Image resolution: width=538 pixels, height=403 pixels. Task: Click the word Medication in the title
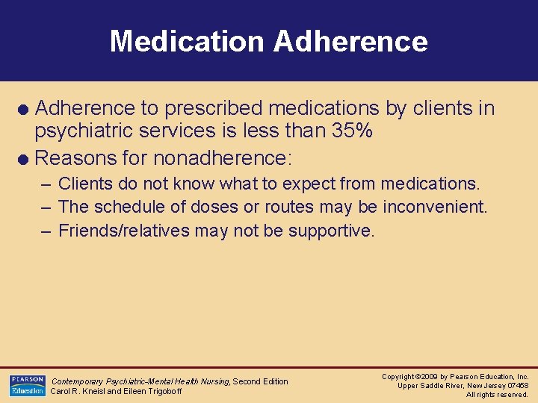[x=187, y=41]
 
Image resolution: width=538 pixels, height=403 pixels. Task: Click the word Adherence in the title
[x=350, y=41]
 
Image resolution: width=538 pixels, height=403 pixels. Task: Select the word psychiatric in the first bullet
[x=83, y=132]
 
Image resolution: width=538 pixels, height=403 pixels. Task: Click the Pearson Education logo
[x=27, y=385]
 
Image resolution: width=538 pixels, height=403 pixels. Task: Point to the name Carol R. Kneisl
[x=81, y=391]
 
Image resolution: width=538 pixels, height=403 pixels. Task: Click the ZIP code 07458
[x=516, y=386]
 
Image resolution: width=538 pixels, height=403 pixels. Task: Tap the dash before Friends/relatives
[x=46, y=231]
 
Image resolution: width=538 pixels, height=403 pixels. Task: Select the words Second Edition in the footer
[x=260, y=381]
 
